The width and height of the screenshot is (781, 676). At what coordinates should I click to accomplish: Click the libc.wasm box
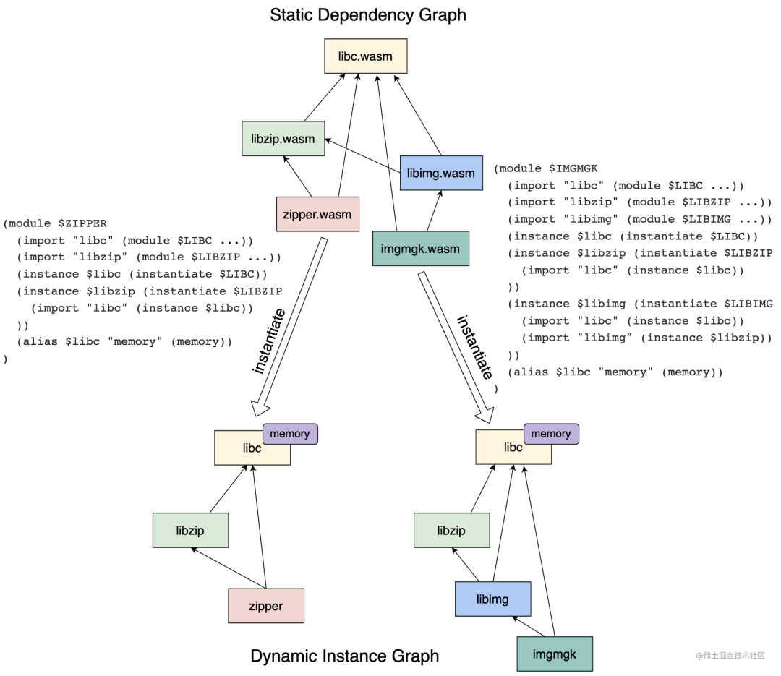365,56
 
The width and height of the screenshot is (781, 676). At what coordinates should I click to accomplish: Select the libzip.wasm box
283,139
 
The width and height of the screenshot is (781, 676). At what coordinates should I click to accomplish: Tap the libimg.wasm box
441,173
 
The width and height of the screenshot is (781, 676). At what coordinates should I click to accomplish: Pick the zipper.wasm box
317,214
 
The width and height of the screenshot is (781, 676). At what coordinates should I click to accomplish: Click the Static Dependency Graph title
368,14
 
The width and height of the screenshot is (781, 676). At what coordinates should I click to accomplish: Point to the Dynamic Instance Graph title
344,656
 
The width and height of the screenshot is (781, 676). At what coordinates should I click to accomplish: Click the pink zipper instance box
266,606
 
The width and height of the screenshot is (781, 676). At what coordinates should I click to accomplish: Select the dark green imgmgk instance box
555,654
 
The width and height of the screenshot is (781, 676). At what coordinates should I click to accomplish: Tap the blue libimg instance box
492,599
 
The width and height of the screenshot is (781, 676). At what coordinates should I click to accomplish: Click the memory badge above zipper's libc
290,434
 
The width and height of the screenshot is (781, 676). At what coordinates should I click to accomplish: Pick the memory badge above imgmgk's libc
551,434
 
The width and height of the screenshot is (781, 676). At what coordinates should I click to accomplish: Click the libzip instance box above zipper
190,531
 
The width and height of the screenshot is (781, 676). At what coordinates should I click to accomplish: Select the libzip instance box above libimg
451,531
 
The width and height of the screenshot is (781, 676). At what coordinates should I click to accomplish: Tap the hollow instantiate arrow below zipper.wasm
288,326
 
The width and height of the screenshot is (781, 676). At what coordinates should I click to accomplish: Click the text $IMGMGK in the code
573,168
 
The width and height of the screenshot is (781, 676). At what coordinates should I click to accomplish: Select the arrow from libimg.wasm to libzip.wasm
362,155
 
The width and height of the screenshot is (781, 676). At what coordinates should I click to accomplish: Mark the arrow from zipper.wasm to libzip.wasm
297,176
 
